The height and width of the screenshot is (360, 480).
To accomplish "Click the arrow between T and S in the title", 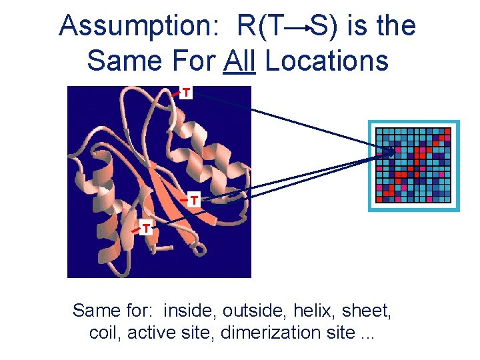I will [301, 27].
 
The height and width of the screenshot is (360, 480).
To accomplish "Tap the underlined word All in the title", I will [240, 61].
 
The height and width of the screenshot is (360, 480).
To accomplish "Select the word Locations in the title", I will [327, 61].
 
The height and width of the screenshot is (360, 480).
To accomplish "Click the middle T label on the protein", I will [193, 199].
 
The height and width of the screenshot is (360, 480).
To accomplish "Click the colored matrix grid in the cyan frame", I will [414, 165].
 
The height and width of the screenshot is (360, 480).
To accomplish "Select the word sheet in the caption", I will [373, 311].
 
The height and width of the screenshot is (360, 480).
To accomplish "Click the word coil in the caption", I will [104, 332].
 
